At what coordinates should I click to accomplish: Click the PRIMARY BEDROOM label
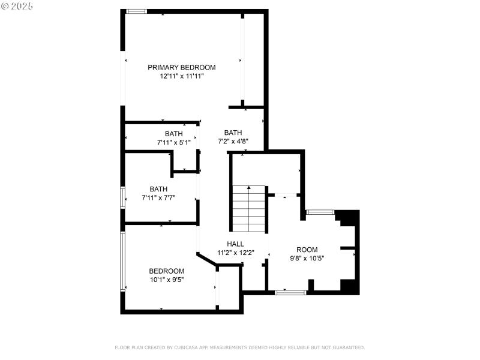click(182, 67)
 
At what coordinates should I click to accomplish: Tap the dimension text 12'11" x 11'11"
click(182, 76)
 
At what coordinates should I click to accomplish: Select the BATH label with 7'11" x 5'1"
click(173, 134)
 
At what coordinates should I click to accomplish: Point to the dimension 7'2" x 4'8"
click(233, 142)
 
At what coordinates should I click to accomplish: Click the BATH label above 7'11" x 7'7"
click(158, 188)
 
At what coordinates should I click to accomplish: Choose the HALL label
click(235, 244)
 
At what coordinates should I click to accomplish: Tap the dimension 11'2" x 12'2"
click(236, 253)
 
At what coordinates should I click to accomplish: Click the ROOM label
click(307, 250)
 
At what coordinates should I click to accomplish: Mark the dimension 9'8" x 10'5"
click(307, 259)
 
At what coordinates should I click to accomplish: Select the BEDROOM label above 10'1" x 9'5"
click(167, 271)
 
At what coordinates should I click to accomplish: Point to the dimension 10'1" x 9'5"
click(167, 279)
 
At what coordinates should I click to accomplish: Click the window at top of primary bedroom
click(137, 11)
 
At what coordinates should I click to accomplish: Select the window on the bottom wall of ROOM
click(291, 292)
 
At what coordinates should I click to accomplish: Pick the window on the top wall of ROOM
click(320, 212)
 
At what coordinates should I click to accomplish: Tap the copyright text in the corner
click(17, 5)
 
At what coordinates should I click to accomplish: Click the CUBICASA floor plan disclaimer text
click(239, 347)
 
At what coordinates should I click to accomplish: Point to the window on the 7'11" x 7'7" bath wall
click(123, 197)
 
